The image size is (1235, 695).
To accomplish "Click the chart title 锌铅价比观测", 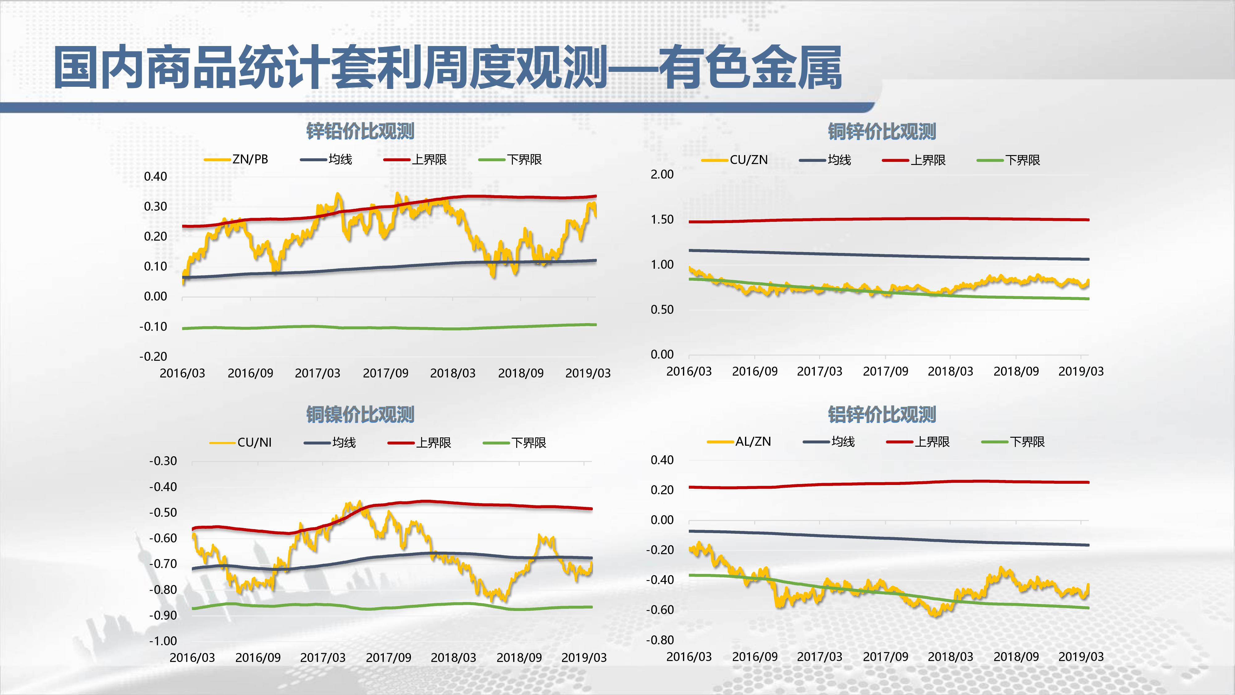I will (360, 131).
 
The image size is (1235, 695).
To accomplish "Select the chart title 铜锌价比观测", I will (882, 131).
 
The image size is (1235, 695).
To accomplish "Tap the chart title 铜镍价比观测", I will (360, 415).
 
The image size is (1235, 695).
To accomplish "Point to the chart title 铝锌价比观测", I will (882, 415).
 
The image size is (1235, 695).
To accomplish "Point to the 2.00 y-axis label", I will (662, 174).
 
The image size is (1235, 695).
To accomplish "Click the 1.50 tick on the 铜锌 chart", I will (662, 219).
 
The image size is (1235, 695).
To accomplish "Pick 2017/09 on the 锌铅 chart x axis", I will (385, 373).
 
